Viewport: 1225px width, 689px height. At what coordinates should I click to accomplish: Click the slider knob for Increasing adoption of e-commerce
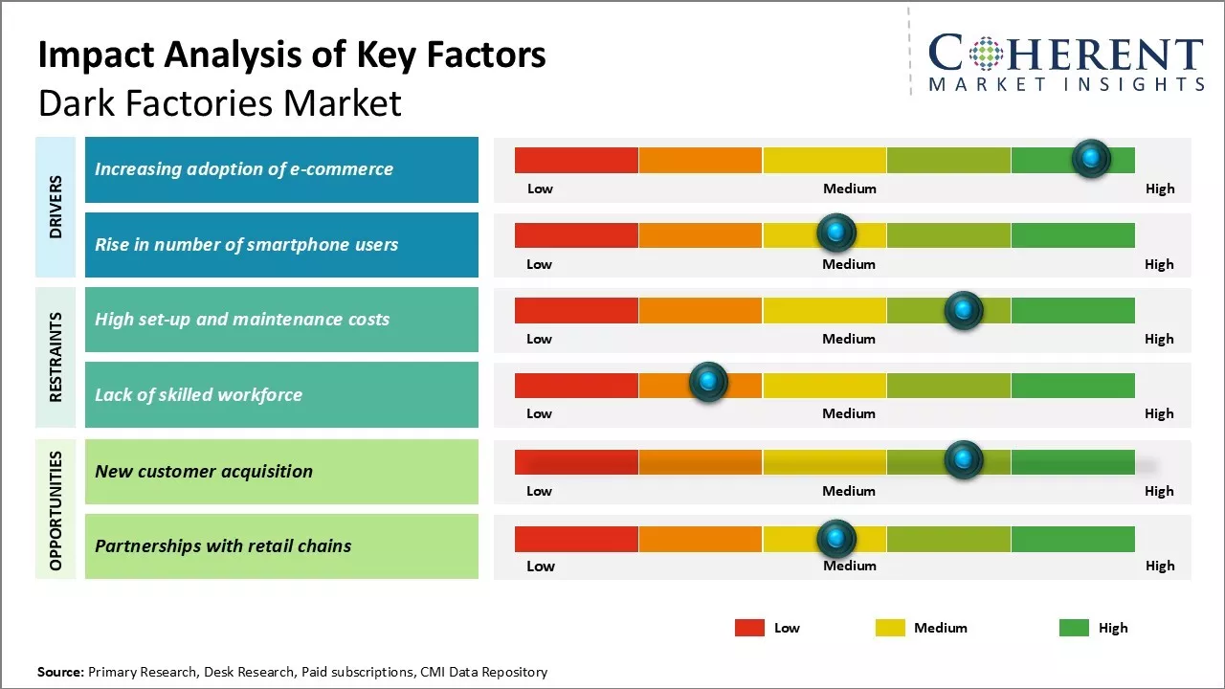1091,159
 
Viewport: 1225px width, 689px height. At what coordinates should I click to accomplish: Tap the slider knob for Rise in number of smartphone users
836,233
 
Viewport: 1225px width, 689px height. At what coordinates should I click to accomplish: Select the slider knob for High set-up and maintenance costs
963,310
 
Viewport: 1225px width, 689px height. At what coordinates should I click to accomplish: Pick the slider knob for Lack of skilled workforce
708,383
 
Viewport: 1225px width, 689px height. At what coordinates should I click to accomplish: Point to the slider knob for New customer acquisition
963,460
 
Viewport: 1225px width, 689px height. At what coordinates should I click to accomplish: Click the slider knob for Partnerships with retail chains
836,539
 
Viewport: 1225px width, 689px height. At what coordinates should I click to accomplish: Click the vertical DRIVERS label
56,207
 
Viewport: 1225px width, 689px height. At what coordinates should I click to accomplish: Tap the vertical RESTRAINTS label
56,357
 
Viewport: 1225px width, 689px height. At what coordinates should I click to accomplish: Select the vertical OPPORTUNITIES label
56,510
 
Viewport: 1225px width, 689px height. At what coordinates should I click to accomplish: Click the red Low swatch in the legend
749,628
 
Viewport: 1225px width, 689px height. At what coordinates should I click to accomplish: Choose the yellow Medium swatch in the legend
890,628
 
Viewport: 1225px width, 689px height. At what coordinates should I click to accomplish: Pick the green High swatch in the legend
1074,628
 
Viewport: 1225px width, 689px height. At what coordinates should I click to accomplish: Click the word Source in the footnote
60,672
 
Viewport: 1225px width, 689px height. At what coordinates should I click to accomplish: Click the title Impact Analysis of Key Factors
292,55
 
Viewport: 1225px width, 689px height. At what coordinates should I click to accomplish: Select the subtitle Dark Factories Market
220,102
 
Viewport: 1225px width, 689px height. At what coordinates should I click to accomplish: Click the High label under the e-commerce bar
1160,189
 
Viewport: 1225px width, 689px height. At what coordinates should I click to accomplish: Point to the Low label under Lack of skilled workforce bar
539,413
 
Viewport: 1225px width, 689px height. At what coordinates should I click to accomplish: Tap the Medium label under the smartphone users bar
849,264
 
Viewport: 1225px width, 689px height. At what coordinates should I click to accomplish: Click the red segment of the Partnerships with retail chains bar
576,539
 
